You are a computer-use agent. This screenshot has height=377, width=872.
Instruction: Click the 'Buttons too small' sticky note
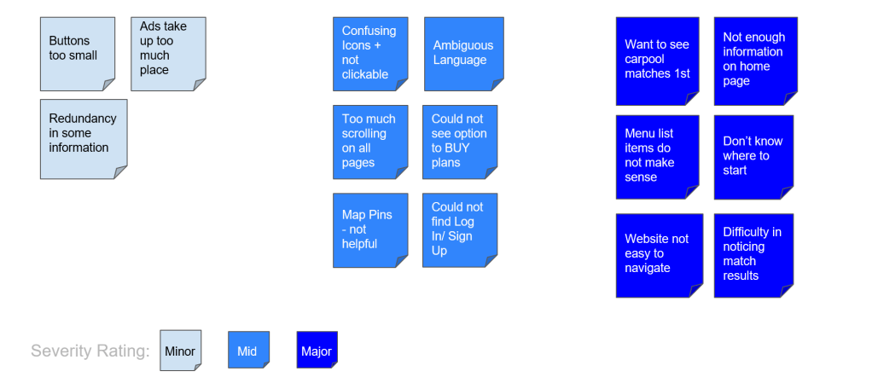[77, 53]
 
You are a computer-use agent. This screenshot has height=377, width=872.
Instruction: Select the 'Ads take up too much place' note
[168, 53]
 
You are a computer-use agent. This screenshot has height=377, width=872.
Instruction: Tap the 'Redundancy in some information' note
[83, 138]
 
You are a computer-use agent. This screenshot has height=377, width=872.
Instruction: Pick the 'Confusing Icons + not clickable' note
[369, 53]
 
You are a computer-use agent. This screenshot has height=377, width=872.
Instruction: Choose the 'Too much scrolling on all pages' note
[369, 141]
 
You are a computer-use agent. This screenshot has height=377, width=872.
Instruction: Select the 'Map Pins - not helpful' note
[369, 229]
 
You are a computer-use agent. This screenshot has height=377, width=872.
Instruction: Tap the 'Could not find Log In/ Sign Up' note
[459, 229]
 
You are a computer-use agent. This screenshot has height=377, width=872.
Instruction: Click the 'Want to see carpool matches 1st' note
[657, 60]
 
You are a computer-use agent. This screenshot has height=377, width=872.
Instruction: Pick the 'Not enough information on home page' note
[754, 60]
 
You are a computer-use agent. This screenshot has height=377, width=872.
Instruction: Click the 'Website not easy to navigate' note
[659, 254]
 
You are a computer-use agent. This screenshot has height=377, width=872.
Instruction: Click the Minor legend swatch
[181, 351]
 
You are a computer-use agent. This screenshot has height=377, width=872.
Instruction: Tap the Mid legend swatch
[248, 351]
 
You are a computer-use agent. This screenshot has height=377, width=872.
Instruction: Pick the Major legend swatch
[317, 351]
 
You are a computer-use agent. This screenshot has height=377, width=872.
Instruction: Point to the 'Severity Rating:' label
[90, 351]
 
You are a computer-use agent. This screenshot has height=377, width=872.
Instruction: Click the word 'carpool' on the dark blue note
[645, 60]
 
